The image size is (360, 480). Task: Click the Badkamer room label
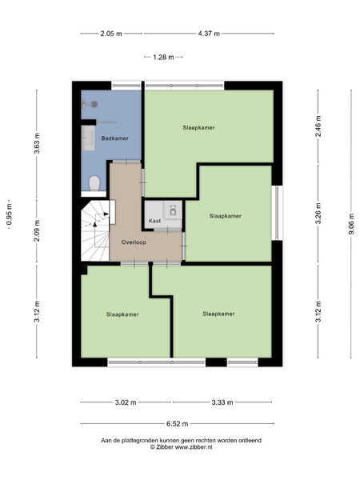[114, 138]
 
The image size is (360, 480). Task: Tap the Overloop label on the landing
[134, 242]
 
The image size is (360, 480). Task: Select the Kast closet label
[154, 221]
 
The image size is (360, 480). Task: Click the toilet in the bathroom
[94, 182]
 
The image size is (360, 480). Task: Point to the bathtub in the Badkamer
[89, 138]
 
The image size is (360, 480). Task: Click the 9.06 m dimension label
[351, 224]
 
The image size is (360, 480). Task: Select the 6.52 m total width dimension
[178, 424]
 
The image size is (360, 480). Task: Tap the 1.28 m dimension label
[163, 57]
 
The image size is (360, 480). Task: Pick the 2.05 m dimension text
[111, 34]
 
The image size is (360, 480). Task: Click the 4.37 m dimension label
[209, 34]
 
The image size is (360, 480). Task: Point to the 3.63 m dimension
[37, 143]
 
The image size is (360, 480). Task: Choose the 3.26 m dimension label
[318, 214]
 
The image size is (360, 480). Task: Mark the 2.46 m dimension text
[318, 126]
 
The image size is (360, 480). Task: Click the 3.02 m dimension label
[126, 402]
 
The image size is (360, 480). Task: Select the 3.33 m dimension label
[222, 402]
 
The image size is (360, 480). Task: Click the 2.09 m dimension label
[37, 230]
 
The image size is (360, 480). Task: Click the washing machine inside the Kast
[173, 210]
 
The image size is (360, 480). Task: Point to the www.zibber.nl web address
[193, 447]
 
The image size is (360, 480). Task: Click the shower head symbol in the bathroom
[94, 104]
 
